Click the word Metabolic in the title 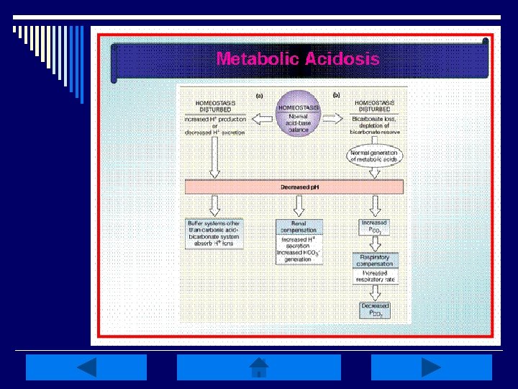coord(257,59)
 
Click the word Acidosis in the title coord(342,59)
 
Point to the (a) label coord(260,95)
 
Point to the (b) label coord(335,95)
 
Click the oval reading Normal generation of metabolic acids coord(373,156)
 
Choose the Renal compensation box coord(299,228)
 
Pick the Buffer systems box coord(215,233)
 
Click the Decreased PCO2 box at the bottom coord(375,310)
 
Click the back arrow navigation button coord(86,367)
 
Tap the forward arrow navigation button coord(431,367)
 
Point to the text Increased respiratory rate coord(374,277)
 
